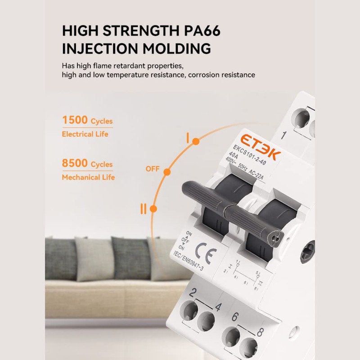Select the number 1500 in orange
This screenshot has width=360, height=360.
75,121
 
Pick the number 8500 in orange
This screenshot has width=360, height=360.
75,164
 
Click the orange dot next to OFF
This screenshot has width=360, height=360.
167,172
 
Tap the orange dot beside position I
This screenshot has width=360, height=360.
196,142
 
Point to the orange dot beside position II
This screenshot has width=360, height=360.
153,209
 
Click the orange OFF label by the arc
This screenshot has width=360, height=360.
153,169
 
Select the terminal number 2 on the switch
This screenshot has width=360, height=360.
193,293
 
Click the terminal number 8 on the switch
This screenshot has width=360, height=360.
260,333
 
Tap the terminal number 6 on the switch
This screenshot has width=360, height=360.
235,317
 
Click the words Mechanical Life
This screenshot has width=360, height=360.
88,177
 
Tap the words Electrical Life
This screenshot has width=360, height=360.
85,134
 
